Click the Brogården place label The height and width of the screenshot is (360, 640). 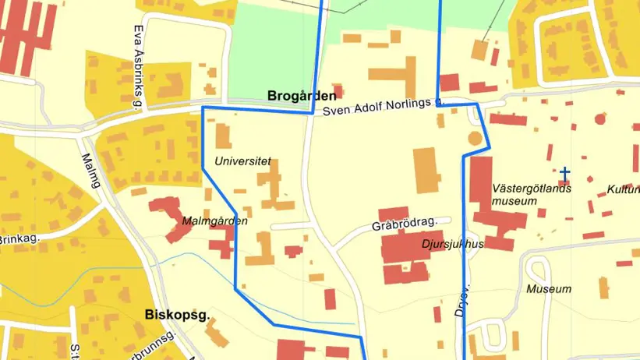point(302,97)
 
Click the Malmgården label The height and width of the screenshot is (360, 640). point(214,221)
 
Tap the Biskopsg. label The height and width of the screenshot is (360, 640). point(177,316)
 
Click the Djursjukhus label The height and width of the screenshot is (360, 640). point(452,244)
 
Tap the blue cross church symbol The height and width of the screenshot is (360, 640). point(564,173)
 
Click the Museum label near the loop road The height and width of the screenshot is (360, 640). point(548,289)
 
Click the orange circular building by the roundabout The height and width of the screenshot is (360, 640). point(474,139)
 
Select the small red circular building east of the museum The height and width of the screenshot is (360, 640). point(599,119)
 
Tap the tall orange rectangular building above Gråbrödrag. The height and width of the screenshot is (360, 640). point(426,170)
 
